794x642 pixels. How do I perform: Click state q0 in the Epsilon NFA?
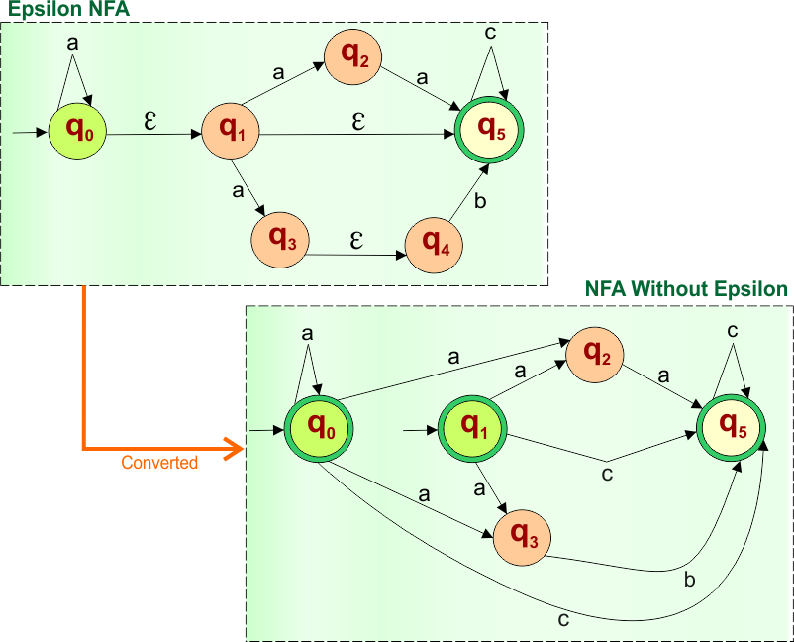pyautogui.click(x=78, y=130)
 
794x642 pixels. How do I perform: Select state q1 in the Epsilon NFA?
pyautogui.click(x=231, y=130)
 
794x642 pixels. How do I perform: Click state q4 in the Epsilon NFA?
pyautogui.click(x=436, y=241)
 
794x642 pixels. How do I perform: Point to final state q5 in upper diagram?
pyautogui.click(x=489, y=129)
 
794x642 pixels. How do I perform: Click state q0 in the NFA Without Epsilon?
pyautogui.click(x=319, y=428)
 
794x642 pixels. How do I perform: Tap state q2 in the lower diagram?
pyautogui.click(x=595, y=354)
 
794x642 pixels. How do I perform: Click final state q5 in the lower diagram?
pyautogui.click(x=732, y=428)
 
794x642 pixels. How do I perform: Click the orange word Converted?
pyautogui.click(x=158, y=463)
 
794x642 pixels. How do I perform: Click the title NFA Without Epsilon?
pyautogui.click(x=686, y=289)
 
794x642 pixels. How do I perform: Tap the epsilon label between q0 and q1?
pyautogui.click(x=150, y=120)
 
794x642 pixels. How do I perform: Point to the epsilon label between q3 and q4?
pyautogui.click(x=356, y=241)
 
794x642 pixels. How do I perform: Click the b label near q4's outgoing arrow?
pyautogui.click(x=481, y=203)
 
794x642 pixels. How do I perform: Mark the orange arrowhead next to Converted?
pyautogui.click(x=233, y=449)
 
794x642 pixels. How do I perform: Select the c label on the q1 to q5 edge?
pyautogui.click(x=607, y=475)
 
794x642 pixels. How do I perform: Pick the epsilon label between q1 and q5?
pyautogui.click(x=358, y=121)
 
